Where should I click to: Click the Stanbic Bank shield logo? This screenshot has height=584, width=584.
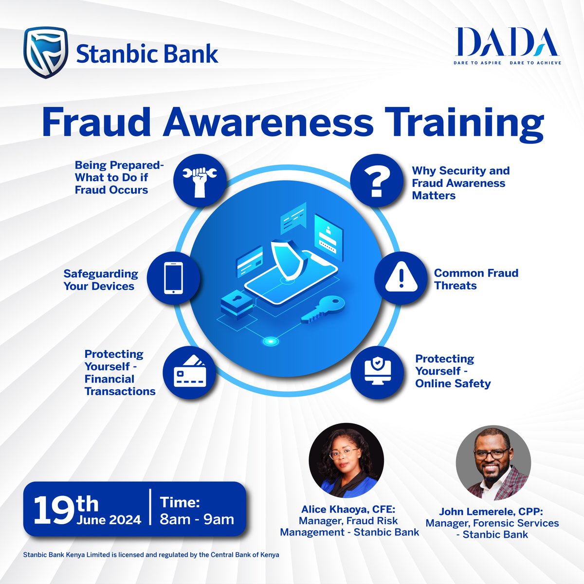pyautogui.click(x=46, y=53)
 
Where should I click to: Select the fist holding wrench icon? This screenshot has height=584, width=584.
pyautogui.click(x=200, y=178)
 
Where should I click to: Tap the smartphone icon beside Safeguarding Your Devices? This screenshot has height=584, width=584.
pyautogui.click(x=173, y=278)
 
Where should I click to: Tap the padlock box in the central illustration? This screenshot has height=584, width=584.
pyautogui.click(x=237, y=303)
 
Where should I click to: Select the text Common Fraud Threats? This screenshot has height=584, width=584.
pyautogui.click(x=476, y=279)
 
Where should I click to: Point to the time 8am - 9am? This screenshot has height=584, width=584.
pyautogui.click(x=197, y=519)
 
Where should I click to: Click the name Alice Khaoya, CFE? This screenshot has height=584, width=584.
pyautogui.click(x=349, y=510)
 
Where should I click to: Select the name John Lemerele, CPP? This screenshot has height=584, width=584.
pyautogui.click(x=492, y=511)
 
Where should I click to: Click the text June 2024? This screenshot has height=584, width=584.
pyautogui.click(x=109, y=519)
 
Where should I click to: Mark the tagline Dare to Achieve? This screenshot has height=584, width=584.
pyautogui.click(x=535, y=63)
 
